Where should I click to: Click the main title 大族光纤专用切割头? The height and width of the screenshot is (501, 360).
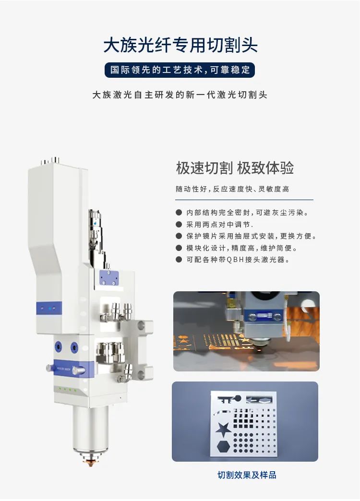coord(180,45)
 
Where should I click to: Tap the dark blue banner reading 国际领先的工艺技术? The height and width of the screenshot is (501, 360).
coord(180,70)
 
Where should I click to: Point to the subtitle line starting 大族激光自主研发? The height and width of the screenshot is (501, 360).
coord(180,95)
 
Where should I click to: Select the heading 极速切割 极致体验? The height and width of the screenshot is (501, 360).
coord(235,168)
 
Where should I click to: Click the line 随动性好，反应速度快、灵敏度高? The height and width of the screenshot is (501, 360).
coord(232,189)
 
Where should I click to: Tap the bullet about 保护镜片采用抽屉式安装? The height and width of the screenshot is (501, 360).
coord(252,236)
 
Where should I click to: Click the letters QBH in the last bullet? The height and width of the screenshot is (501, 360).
coord(235,260)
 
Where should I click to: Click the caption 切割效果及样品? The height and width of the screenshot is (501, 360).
coord(247,475)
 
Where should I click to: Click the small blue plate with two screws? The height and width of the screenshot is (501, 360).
coord(109,278)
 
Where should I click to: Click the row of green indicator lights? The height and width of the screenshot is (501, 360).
coord(68,390)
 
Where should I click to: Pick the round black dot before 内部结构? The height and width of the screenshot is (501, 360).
coord(179,213)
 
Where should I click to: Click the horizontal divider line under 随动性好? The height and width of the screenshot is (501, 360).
coord(244,200)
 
